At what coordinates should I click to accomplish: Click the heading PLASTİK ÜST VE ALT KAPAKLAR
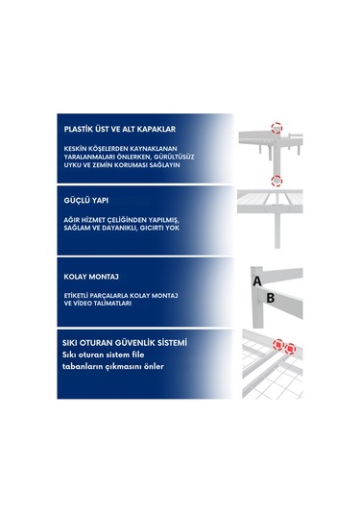[x=120, y=129]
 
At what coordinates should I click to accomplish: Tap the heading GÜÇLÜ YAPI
[x=86, y=200]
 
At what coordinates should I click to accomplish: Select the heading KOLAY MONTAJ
[x=91, y=277]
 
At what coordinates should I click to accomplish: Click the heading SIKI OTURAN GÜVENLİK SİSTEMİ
[x=125, y=343]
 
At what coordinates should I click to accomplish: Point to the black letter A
[x=257, y=281]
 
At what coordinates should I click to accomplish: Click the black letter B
[x=271, y=298]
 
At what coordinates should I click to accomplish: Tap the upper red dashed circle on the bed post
[x=276, y=128]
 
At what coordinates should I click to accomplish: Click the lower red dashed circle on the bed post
[x=276, y=181]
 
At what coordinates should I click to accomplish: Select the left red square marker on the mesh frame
[x=278, y=345]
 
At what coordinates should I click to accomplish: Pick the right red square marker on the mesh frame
[x=290, y=349]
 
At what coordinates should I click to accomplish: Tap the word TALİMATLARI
[x=111, y=304]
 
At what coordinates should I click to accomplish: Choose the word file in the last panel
[x=138, y=355]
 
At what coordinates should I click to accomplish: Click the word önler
[x=154, y=366]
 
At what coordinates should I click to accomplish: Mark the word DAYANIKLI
[x=119, y=228]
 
